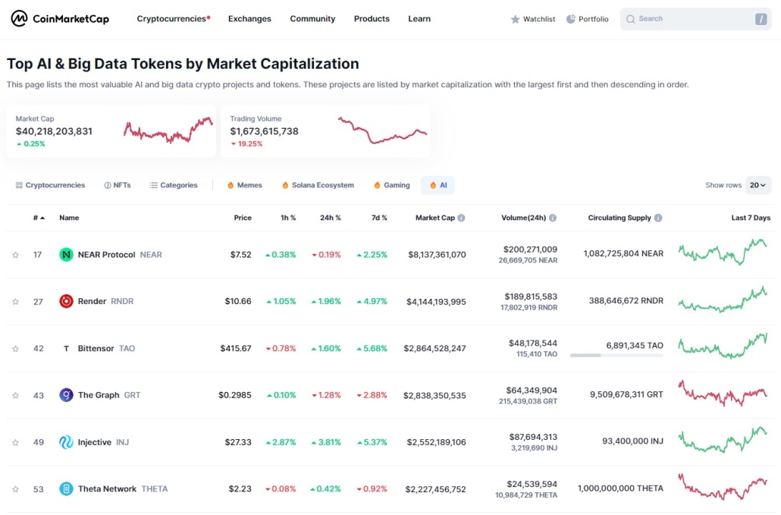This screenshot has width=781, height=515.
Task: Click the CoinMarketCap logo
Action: point(60,19)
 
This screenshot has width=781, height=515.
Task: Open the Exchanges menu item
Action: point(249,19)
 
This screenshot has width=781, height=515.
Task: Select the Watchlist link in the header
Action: point(533,19)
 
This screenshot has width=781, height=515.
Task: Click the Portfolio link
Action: point(588,19)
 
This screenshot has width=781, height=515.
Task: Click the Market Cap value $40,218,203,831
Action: point(54,131)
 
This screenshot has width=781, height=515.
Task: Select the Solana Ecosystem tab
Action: point(318,185)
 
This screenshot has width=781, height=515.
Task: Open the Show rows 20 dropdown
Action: point(758,185)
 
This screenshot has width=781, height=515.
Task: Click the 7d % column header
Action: point(379,218)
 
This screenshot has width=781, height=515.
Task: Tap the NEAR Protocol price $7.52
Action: point(240,255)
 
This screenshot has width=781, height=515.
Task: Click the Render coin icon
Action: point(66,301)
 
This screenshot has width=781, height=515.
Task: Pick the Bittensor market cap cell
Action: point(434,348)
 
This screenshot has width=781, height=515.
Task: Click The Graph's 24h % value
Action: point(326,395)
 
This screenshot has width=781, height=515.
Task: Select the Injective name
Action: point(95,442)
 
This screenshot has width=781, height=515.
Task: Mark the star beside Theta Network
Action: point(15,489)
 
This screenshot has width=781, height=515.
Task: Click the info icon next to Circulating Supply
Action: point(658,218)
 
